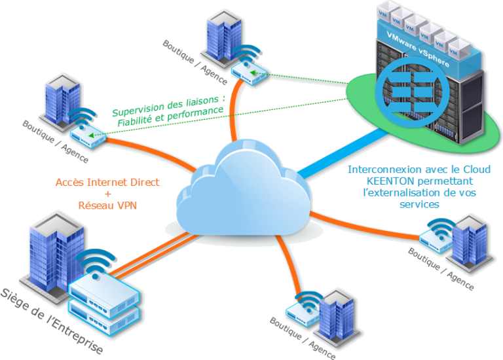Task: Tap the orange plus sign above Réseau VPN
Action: [107, 194]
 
